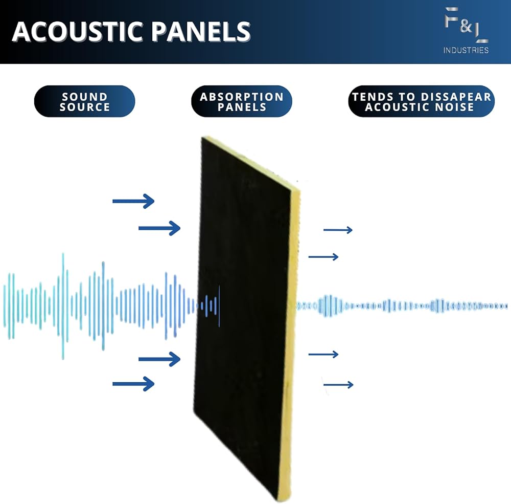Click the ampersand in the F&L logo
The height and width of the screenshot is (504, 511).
466,26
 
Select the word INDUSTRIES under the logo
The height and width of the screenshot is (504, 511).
466,50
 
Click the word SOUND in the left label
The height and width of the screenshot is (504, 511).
84,97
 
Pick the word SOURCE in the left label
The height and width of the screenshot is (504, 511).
84,107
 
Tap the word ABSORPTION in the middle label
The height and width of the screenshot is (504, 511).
242,97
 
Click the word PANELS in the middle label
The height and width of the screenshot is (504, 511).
242,107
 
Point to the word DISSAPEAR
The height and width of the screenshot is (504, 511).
456,97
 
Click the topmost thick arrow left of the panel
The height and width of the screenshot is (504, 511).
133,201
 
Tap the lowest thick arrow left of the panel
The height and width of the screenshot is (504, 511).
133,384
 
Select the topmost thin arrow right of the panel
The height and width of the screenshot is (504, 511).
338,230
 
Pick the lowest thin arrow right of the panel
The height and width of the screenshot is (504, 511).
338,385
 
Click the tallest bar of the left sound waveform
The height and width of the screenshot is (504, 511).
63,306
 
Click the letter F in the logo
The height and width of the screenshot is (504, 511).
451,17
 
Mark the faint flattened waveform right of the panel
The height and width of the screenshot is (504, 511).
402,306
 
